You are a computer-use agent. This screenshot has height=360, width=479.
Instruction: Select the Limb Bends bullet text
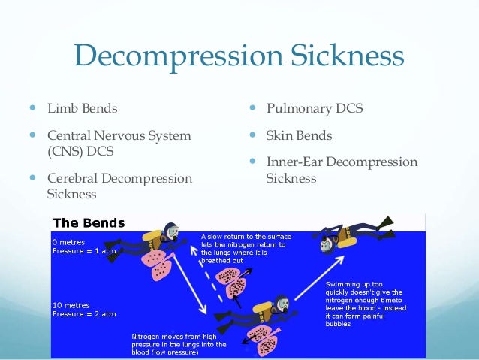coord(83,109)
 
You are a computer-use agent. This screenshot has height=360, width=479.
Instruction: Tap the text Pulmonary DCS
coord(315,109)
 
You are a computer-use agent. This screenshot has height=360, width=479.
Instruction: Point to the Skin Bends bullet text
coord(299,136)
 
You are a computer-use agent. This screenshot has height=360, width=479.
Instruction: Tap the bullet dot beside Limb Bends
coord(33,109)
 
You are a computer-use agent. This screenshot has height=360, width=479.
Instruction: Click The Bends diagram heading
coord(89,222)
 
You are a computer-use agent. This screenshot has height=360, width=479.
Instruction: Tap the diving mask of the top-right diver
coord(326,244)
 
